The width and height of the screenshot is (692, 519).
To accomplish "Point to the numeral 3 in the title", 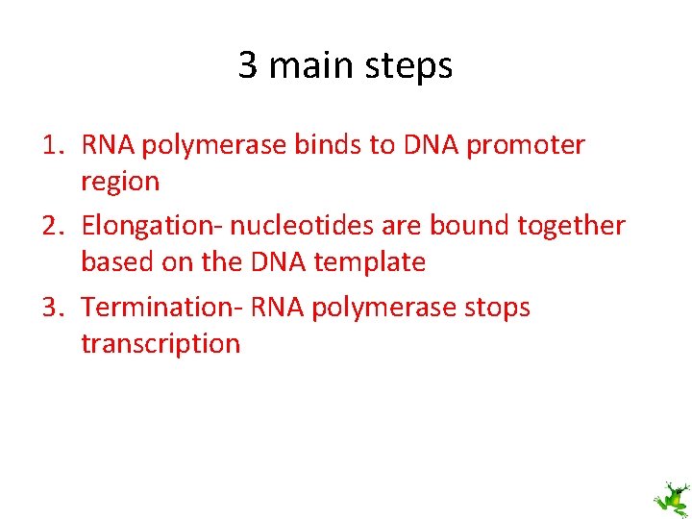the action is tap(248, 66).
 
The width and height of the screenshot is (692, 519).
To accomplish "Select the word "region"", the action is tap(120, 182).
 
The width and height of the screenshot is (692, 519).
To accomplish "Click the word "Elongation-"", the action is tap(153, 227).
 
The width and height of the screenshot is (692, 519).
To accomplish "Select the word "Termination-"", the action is tap(162, 308).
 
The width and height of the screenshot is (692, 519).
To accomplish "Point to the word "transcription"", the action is tap(161, 344).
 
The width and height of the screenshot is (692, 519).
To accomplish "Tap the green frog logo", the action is tap(671, 499).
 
